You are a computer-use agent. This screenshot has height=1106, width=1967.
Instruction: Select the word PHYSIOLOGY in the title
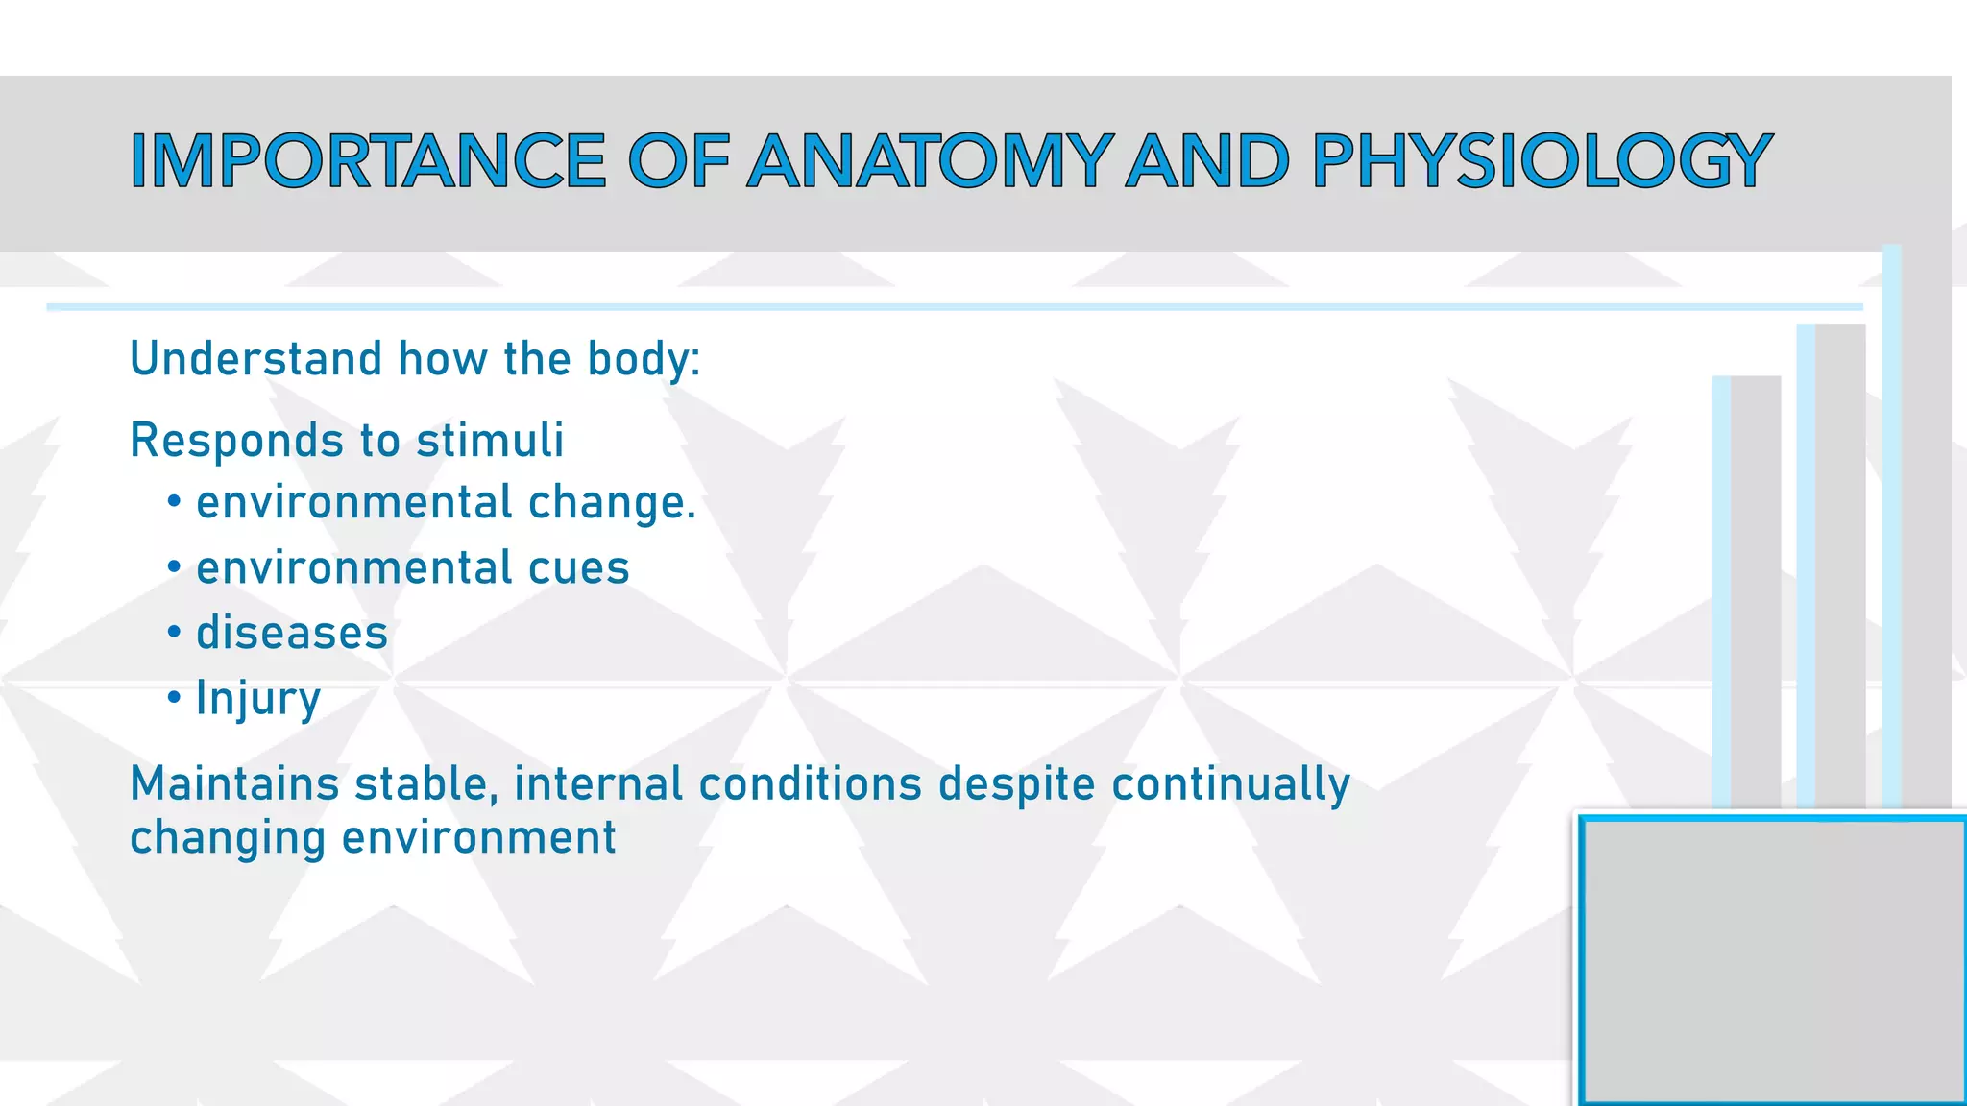coord(1541,161)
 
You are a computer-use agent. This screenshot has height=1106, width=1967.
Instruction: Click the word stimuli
coord(490,441)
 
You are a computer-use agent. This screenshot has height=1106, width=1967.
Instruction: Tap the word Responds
coord(236,441)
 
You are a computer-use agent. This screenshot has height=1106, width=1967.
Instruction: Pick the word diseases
coord(292,633)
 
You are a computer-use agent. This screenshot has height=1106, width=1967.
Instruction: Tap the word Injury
coord(257,699)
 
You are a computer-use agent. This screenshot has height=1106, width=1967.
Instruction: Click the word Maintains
coord(234,783)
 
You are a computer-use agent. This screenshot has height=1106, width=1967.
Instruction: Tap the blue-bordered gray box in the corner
coord(1772,960)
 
